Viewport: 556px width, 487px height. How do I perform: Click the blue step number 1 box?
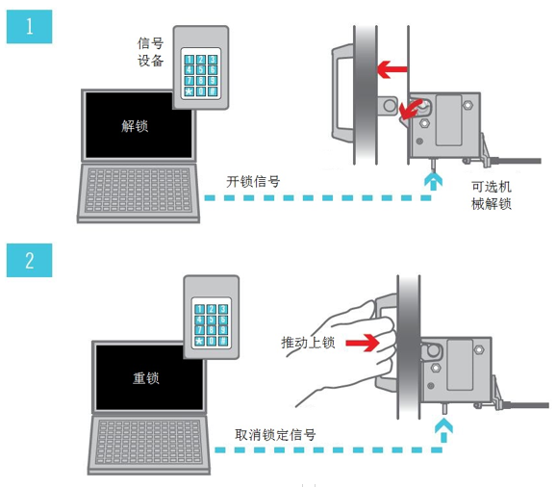click(x=30, y=27)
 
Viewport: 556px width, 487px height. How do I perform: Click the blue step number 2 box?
click(x=30, y=260)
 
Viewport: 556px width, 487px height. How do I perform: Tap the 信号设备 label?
click(x=151, y=52)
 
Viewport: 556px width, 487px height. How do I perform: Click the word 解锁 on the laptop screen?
click(x=135, y=126)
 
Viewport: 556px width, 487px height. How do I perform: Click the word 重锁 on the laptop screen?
click(x=146, y=378)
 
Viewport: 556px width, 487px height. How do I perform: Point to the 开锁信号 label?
click(x=253, y=181)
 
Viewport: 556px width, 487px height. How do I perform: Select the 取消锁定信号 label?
click(x=275, y=434)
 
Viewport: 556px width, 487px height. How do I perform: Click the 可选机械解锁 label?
click(x=492, y=195)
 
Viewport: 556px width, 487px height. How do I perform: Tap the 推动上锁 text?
click(x=308, y=343)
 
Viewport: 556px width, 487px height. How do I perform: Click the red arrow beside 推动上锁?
click(x=363, y=343)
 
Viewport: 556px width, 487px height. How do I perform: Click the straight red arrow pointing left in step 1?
click(x=392, y=69)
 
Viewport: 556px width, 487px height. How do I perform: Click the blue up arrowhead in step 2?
click(x=443, y=430)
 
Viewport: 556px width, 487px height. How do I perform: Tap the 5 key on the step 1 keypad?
click(x=201, y=70)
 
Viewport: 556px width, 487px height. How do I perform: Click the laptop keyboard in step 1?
click(x=139, y=191)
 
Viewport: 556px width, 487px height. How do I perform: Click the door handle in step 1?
click(x=341, y=91)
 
